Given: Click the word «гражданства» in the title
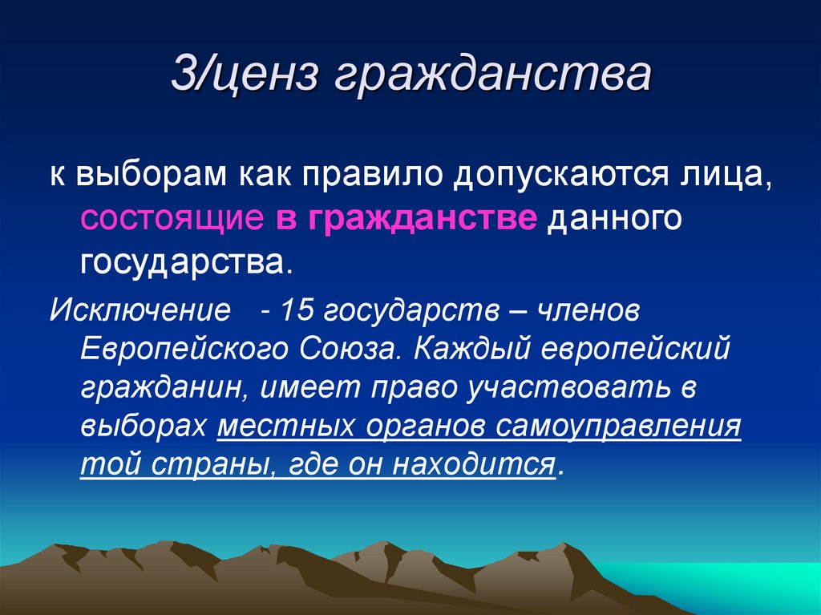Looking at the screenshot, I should pos(488,79).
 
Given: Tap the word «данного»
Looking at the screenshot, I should pos(614,219).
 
